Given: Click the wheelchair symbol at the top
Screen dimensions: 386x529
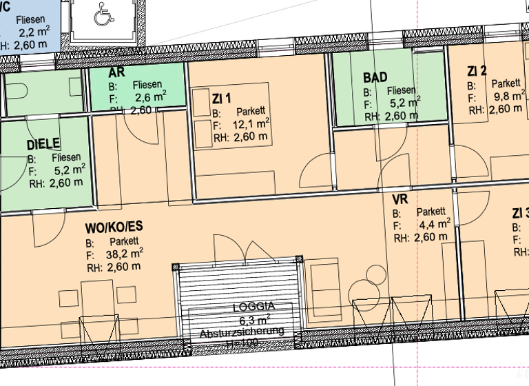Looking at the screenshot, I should tap(103, 16).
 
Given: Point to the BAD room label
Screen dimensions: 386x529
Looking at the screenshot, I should tap(375, 77).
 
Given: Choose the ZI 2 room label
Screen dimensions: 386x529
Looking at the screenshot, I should tap(477, 71).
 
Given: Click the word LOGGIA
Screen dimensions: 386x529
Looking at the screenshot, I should tap(253, 307).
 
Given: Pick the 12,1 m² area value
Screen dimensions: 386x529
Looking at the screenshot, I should tap(251, 125).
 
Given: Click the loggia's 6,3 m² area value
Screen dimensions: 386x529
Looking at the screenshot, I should tap(253, 320).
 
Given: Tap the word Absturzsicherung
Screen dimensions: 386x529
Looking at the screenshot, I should tap(242, 332).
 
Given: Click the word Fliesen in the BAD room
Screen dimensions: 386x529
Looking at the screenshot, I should tap(401, 90).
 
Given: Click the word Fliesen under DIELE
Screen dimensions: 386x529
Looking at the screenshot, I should tap(67, 157).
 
